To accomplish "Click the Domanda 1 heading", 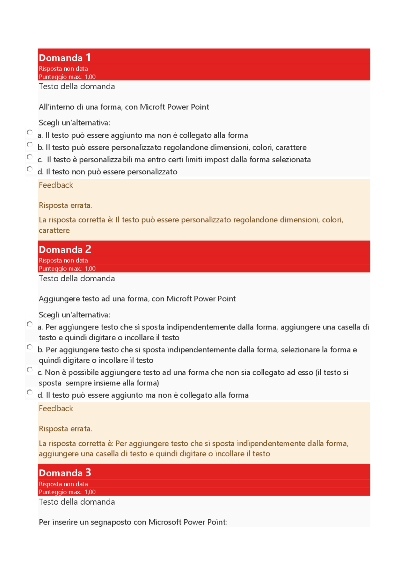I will [x=65, y=58].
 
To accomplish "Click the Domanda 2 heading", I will [x=65, y=249].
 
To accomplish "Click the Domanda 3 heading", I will [x=65, y=472].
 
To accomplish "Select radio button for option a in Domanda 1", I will [x=30, y=132].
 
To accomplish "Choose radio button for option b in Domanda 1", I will [x=30, y=144].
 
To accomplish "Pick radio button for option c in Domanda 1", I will [x=30, y=156].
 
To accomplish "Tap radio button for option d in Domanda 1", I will [x=30, y=169].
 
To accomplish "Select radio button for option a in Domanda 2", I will [x=30, y=324].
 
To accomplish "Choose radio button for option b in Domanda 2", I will [x=30, y=347].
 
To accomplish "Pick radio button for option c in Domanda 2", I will [x=30, y=369].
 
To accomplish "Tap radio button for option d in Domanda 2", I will [x=30, y=392].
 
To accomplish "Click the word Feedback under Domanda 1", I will [x=56, y=185].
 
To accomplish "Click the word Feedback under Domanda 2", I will [x=56, y=408].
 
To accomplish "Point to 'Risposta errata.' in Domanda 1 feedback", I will [x=65, y=205].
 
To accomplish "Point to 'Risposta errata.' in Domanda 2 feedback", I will [x=65, y=429].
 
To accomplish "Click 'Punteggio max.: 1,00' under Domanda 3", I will [x=67, y=492].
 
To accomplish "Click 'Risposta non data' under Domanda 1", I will [x=63, y=69].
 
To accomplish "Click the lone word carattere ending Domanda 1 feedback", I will [x=54, y=230].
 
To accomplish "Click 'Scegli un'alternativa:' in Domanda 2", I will [x=74, y=315].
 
